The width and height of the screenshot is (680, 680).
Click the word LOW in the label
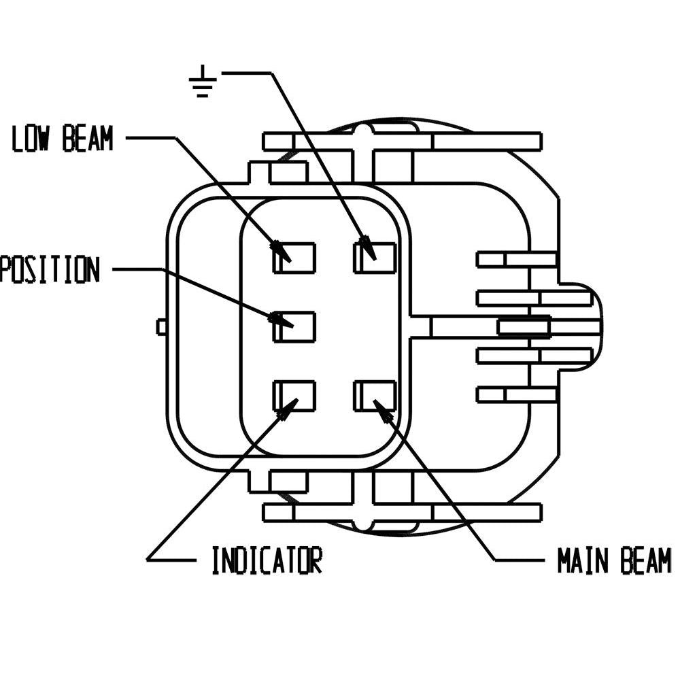coord(34,139)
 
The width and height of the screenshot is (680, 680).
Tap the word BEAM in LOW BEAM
coord(87,139)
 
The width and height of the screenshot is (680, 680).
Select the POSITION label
coord(49,269)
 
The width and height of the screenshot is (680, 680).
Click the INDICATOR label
coord(267,560)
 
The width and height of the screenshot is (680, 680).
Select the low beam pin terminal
coord(295,258)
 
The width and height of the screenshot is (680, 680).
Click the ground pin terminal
coord(375,258)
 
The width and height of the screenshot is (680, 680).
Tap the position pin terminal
coord(295,326)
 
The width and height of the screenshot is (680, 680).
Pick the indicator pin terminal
coord(295,396)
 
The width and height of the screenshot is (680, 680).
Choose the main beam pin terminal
coord(375,396)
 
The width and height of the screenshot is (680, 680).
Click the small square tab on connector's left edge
coord(161,327)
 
